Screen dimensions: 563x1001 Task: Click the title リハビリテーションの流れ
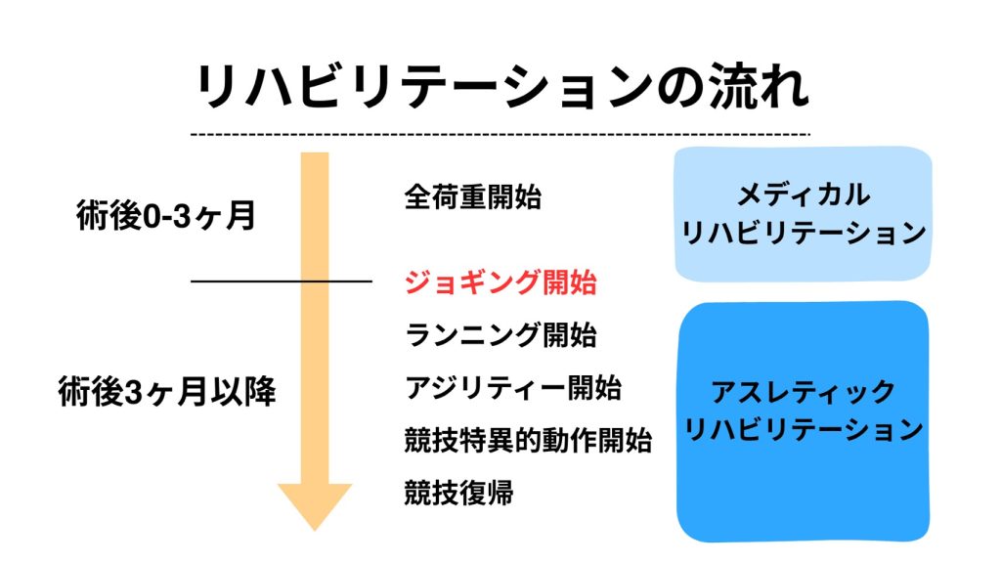pyautogui.click(x=501, y=89)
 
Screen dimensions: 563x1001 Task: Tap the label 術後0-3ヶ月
pyautogui.click(x=166, y=215)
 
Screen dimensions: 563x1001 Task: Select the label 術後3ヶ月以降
pyautogui.click(x=166, y=392)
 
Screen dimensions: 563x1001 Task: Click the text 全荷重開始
pyautogui.click(x=472, y=197)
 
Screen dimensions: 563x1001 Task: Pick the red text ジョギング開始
pyautogui.click(x=500, y=283)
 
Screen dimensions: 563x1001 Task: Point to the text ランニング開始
pyautogui.click(x=500, y=335)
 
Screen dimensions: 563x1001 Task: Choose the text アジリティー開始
pyautogui.click(x=512, y=388)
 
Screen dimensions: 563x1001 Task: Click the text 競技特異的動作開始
pyautogui.click(x=528, y=441)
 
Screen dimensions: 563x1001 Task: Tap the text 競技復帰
pyautogui.click(x=458, y=493)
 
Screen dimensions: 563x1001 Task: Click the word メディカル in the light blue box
pyautogui.click(x=803, y=195)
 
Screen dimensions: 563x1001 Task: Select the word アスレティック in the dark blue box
pyautogui.click(x=803, y=392)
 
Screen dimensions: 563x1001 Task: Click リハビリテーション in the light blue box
pyautogui.click(x=803, y=234)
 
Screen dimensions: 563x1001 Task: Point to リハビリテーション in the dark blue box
pyautogui.click(x=803, y=430)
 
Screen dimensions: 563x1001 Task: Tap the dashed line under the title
pyautogui.click(x=501, y=133)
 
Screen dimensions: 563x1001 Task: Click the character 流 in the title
pyautogui.click(x=718, y=89)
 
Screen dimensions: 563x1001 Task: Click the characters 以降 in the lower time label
pyautogui.click(x=250, y=392)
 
